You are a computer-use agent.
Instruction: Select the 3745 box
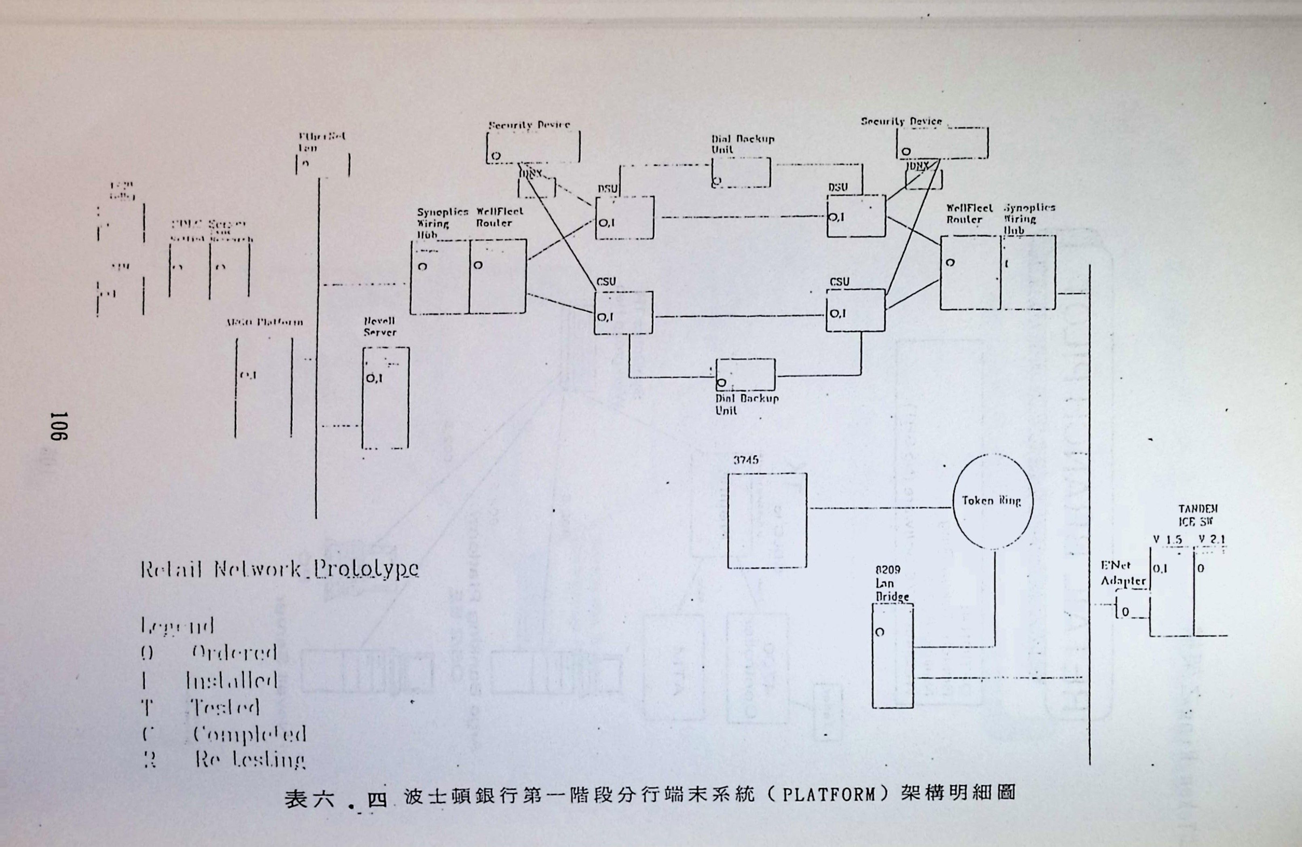click(x=766, y=520)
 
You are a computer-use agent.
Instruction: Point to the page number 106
click(x=58, y=427)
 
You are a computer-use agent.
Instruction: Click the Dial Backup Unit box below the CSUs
click(x=746, y=375)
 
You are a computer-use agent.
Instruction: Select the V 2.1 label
click(x=1211, y=539)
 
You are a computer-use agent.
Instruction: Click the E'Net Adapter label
click(x=1123, y=573)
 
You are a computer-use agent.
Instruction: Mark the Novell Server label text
click(x=380, y=327)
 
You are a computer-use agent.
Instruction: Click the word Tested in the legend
click(x=224, y=708)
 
